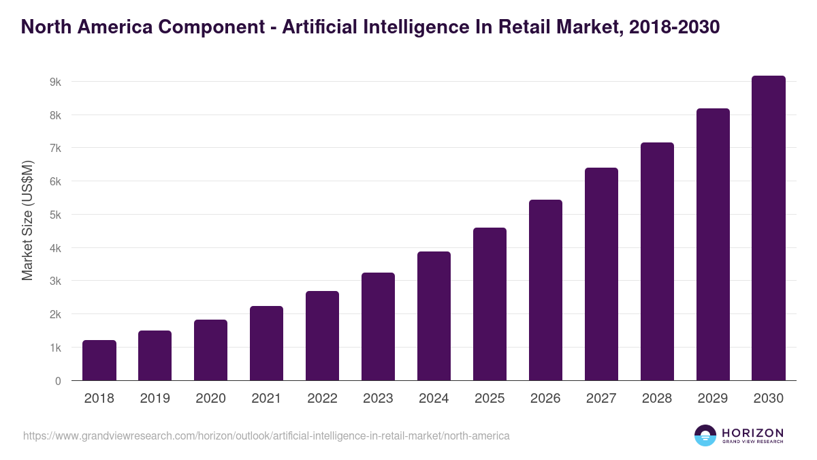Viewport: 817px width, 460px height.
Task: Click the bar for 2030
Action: coord(769,228)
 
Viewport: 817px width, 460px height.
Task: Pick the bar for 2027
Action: coord(601,274)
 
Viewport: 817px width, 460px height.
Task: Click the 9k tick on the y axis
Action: coord(55,82)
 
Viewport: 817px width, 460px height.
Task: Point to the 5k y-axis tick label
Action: coord(55,215)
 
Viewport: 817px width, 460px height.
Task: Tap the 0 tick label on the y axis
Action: coord(58,381)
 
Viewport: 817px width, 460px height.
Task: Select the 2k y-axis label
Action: coord(55,314)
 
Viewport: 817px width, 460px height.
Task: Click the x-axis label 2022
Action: coord(322,399)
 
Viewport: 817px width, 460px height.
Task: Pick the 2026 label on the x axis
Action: coord(545,399)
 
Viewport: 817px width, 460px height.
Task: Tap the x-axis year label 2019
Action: coord(155,399)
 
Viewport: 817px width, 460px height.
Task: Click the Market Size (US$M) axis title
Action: coord(27,220)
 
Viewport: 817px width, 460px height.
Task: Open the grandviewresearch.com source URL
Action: coord(266,435)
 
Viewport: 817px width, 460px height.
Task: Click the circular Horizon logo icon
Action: coord(705,435)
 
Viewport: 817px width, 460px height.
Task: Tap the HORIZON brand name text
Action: coord(752,433)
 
